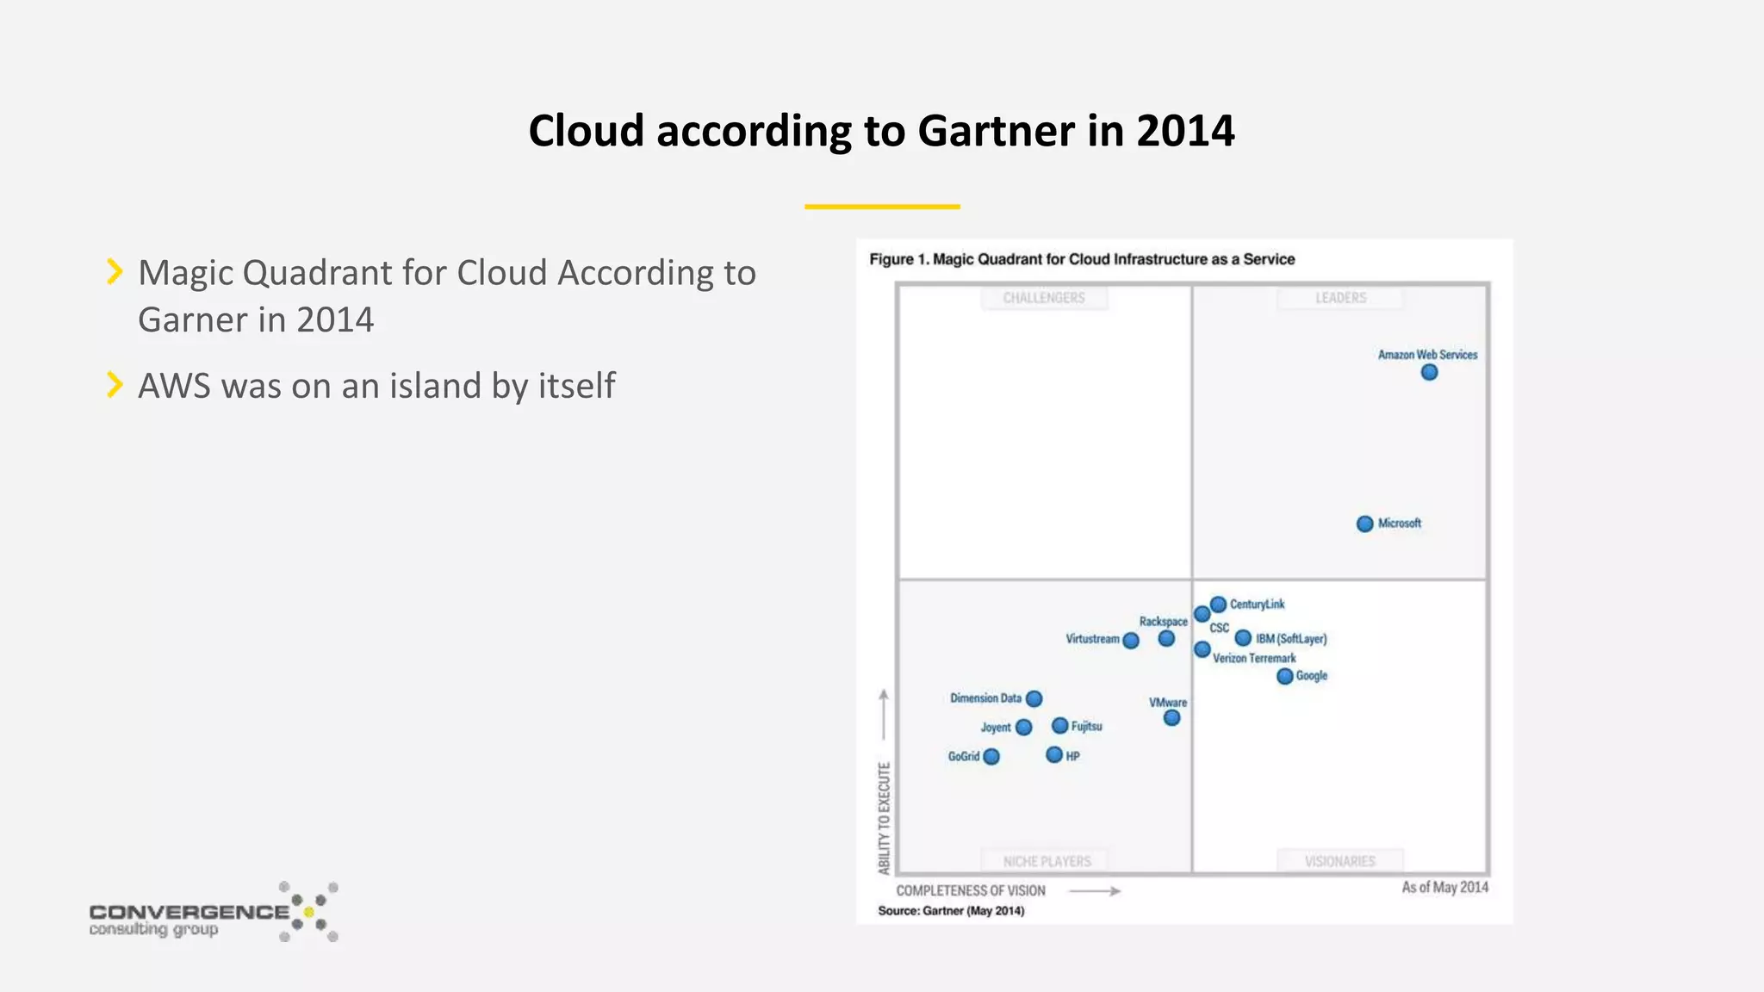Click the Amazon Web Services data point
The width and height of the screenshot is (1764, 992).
coord(1429,372)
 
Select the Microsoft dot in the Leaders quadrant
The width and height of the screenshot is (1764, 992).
coord(1364,524)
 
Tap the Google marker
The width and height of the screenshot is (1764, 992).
coord(1284,676)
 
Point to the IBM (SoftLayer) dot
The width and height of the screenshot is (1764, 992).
coord(1243,638)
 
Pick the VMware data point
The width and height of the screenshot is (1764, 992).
coord(1171,717)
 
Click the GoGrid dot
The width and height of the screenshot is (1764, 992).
coord(991,756)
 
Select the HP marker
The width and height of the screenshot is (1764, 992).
coord(1054,755)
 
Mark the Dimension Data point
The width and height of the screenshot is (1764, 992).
coord(1034,698)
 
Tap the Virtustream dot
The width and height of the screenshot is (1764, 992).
coord(1131,640)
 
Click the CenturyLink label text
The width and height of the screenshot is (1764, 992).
coord(1257,604)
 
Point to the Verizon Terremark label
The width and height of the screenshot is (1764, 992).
coord(1254,659)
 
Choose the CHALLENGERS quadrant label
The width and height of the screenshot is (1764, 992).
coord(1044,298)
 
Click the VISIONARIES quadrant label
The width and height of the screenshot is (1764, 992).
coord(1339,861)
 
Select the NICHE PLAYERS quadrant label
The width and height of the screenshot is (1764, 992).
coord(1047,861)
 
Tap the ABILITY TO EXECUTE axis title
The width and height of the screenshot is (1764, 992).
coord(884,818)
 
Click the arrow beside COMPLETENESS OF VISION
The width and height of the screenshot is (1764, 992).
coord(1095,891)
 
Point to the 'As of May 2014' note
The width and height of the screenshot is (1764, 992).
coord(1444,887)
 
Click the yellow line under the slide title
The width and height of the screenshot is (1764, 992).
coord(882,207)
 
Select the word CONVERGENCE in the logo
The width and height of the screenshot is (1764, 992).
coord(189,911)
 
